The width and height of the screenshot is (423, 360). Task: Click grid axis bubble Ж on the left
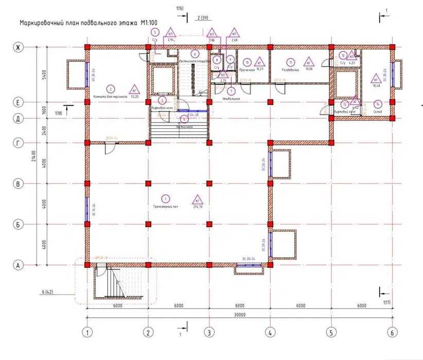(x=18, y=47)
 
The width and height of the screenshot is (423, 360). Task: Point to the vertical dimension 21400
(x=32, y=155)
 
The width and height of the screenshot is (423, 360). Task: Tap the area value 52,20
(x=135, y=96)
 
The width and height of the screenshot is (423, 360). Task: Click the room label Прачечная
(x=247, y=70)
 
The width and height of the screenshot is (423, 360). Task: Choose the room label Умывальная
(x=231, y=98)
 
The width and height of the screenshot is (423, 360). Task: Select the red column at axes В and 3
(x=209, y=183)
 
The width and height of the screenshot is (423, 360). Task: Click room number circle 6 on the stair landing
(x=195, y=53)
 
